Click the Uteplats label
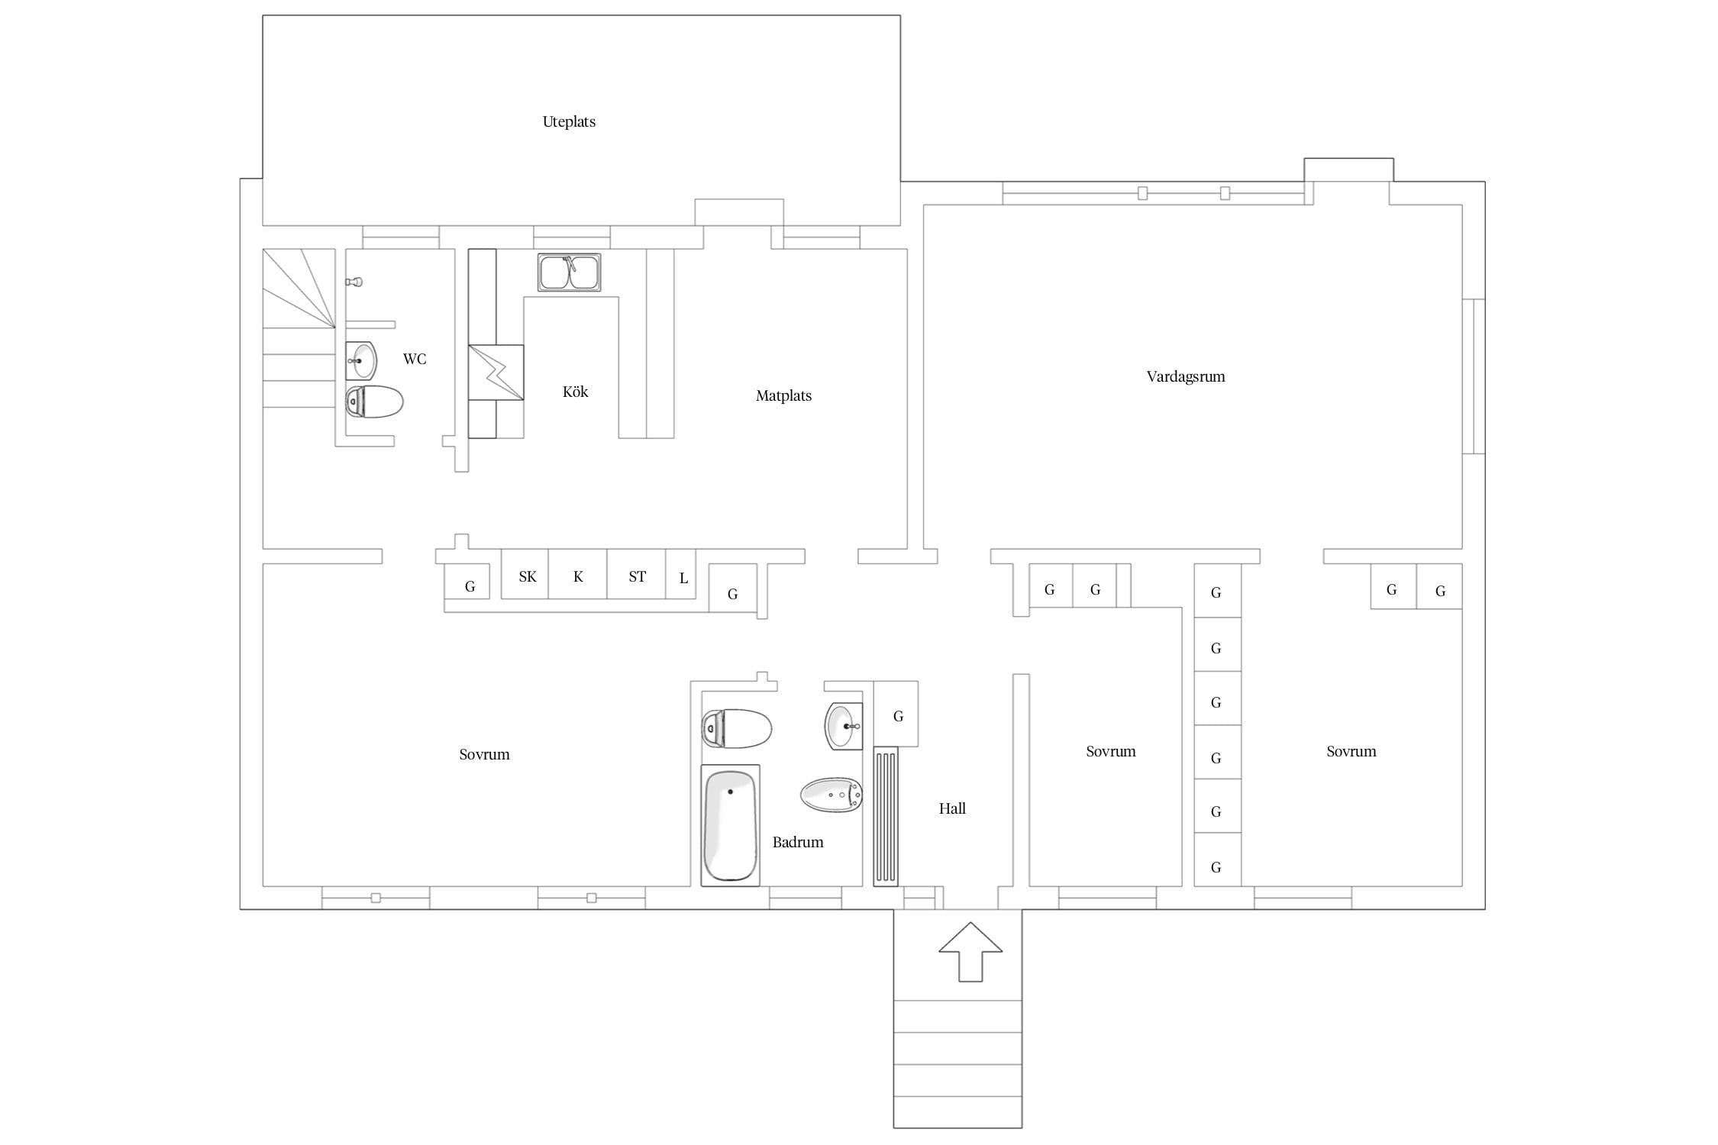point(569,122)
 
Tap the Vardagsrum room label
point(1186,376)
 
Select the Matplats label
point(783,395)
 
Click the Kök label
point(575,392)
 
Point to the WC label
point(415,359)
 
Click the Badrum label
point(798,842)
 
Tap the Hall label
point(952,808)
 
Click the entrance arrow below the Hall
point(970,951)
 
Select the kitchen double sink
point(569,273)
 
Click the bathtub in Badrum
point(731,825)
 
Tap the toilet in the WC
point(374,402)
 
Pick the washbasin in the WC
point(361,360)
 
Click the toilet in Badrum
point(737,728)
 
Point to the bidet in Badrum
point(832,795)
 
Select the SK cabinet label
point(528,576)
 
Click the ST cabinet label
point(637,576)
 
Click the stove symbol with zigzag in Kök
point(496,373)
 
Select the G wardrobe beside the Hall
point(896,714)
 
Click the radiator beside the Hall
point(886,817)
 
